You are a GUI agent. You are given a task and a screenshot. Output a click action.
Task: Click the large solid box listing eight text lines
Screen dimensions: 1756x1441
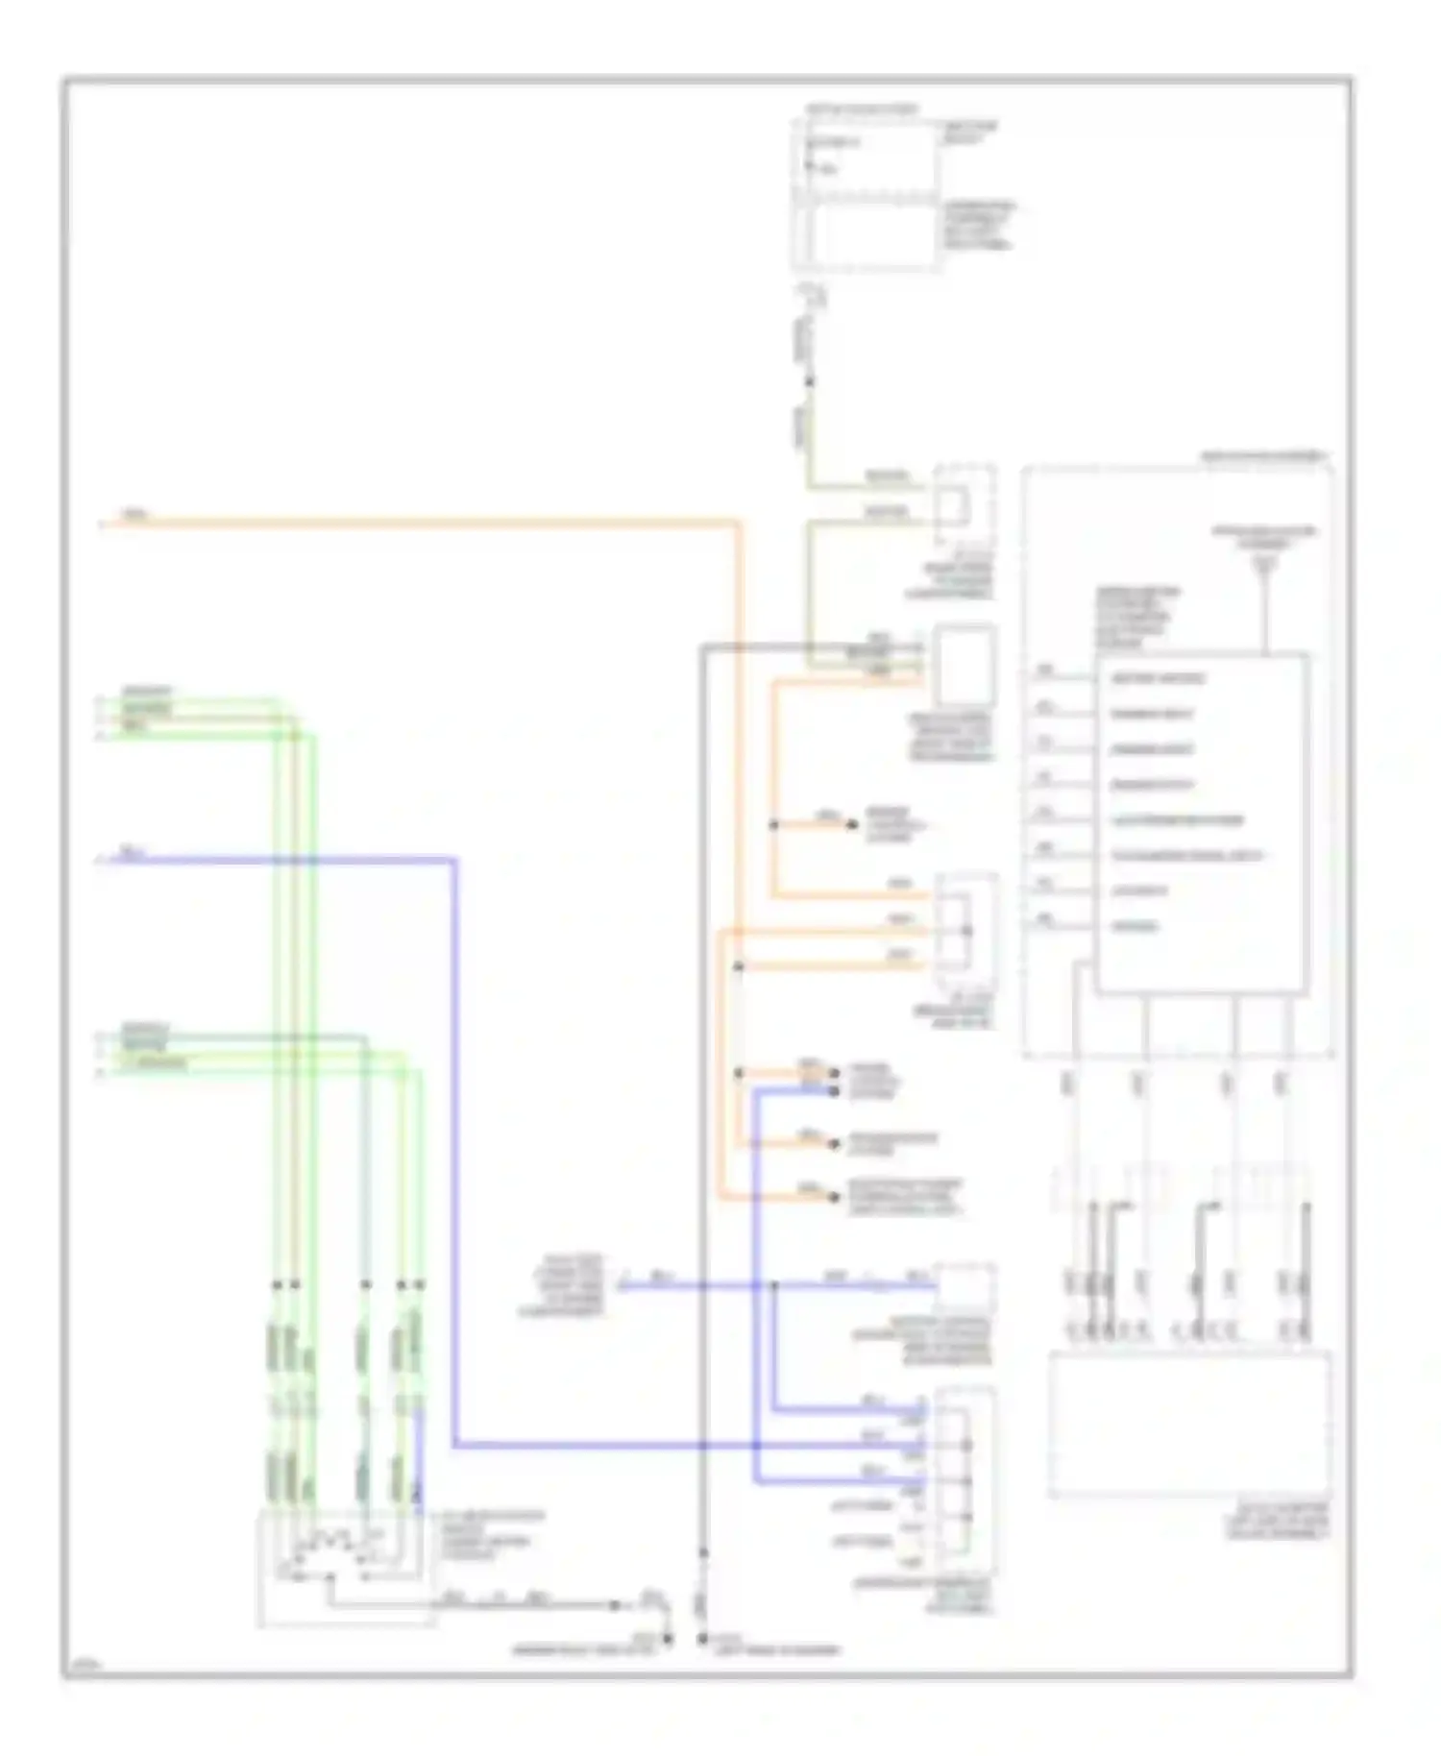[1201, 823]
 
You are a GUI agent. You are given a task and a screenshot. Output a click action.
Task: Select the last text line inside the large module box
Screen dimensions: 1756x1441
[1135, 927]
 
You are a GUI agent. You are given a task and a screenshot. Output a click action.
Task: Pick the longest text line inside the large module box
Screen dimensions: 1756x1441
[1185, 856]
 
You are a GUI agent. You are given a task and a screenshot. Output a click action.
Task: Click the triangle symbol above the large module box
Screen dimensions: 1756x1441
[1265, 566]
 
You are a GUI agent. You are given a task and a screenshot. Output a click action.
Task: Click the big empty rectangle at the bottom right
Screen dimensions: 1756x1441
[1189, 1423]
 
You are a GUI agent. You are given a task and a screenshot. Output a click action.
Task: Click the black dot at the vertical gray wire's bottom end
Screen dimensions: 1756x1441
[703, 1639]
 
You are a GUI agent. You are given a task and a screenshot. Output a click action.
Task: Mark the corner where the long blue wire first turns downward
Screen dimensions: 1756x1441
[454, 859]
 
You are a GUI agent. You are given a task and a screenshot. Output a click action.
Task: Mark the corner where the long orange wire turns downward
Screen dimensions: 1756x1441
[739, 524]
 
